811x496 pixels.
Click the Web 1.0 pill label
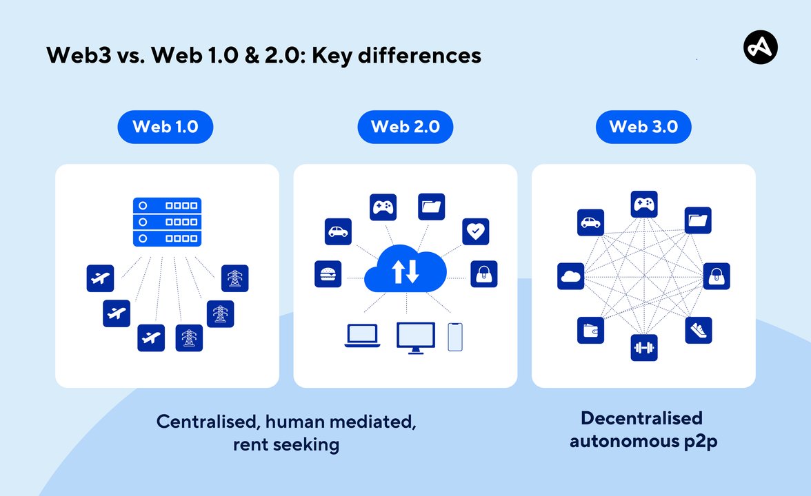[x=165, y=127]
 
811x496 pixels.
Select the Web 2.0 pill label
[x=405, y=127]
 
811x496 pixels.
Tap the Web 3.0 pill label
[x=643, y=127]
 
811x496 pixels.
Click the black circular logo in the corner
[x=760, y=48]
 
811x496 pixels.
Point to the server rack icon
[x=167, y=222]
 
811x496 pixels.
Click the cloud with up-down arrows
[x=405, y=269]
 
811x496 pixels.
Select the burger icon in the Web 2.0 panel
[x=327, y=273]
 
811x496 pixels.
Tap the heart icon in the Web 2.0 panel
[x=475, y=231]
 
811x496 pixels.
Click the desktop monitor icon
[x=416, y=337]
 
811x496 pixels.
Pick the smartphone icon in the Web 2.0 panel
[x=455, y=337]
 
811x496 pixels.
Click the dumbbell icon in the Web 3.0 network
[x=644, y=348]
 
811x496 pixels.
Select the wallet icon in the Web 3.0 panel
[x=590, y=330]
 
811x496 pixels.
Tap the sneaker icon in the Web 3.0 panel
[x=698, y=330]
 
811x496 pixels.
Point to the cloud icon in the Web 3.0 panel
[x=571, y=276]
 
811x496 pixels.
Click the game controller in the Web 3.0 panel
[x=644, y=205]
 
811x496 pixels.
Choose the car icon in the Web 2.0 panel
[x=338, y=231]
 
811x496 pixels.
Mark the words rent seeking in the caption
[x=286, y=444]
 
